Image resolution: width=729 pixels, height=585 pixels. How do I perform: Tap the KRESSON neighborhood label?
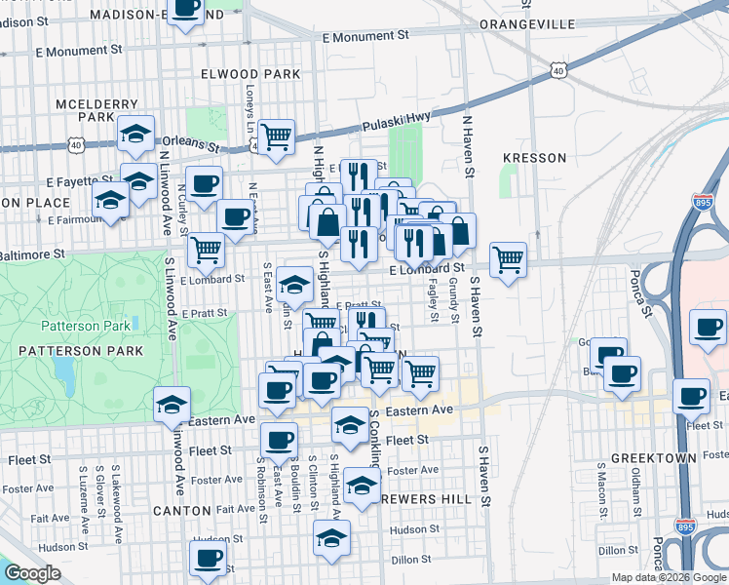click(533, 157)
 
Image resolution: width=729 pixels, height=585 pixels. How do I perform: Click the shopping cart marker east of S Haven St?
click(508, 259)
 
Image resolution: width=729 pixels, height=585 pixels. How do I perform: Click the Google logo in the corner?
click(33, 573)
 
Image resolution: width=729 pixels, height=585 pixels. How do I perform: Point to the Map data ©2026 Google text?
click(669, 577)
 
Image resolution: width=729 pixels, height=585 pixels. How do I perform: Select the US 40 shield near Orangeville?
click(556, 69)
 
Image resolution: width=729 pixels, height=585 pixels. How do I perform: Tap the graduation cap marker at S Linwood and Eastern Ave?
click(173, 403)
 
